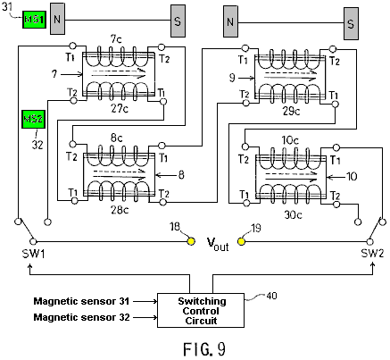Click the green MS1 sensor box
pos(35,20)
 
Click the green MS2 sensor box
pos(34,119)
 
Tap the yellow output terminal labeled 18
pos(191,241)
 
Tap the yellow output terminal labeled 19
pos(242,241)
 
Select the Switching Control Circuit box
pos(201,311)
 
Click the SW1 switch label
pos(33,254)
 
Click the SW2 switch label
pos(372,254)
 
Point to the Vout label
pos(218,245)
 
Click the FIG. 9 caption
pos(204,349)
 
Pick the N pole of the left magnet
pos(57,19)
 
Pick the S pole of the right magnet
pos(351,23)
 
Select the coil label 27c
pos(120,109)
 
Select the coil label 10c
pos(290,140)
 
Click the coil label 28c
pos(120,210)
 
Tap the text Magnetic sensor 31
pos(81,301)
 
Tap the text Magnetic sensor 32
pos(81,317)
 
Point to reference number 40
pos(271,296)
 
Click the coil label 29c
pos(291,111)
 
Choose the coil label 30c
pos(294,214)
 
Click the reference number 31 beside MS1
pos(7,6)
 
